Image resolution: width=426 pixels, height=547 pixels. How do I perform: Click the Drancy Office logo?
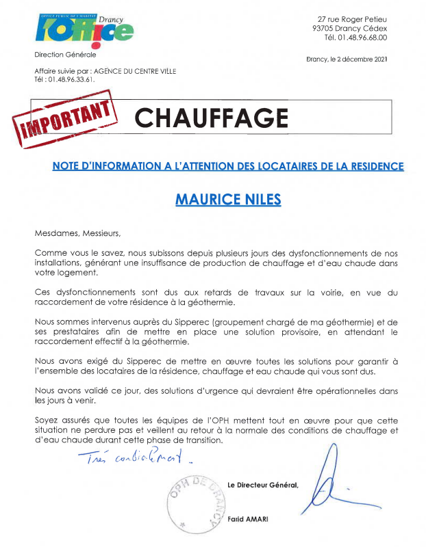point(84,28)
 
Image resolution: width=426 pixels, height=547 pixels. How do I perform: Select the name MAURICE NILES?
point(228,200)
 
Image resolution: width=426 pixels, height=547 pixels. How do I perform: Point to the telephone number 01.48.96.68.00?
point(358,37)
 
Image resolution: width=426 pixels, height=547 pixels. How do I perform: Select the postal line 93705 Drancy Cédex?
point(349,28)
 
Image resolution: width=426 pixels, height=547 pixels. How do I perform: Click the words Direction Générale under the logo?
point(65,54)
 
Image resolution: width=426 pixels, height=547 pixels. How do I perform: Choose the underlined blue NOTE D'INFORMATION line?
point(228,166)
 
